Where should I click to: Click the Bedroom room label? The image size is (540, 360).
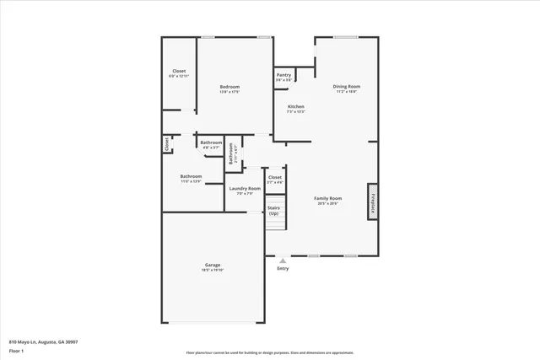point(229,87)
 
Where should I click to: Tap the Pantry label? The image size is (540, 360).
point(283,75)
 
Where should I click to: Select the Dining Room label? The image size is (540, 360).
point(346,87)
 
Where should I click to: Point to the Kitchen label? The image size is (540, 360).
point(295,106)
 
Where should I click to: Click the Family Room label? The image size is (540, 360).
point(328,197)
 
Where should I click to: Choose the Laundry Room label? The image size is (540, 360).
point(245,188)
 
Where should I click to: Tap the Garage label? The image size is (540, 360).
point(212,265)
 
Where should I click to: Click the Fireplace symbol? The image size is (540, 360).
point(371,201)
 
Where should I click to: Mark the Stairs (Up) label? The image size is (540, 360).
point(273,210)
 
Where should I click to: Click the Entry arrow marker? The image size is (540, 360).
point(283,261)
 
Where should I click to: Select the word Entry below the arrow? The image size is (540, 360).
point(283,269)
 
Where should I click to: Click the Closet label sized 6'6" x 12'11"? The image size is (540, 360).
point(179,71)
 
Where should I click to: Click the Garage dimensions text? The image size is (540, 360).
point(212,270)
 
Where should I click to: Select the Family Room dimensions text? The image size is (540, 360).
point(328,202)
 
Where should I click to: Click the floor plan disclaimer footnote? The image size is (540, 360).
point(269,352)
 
